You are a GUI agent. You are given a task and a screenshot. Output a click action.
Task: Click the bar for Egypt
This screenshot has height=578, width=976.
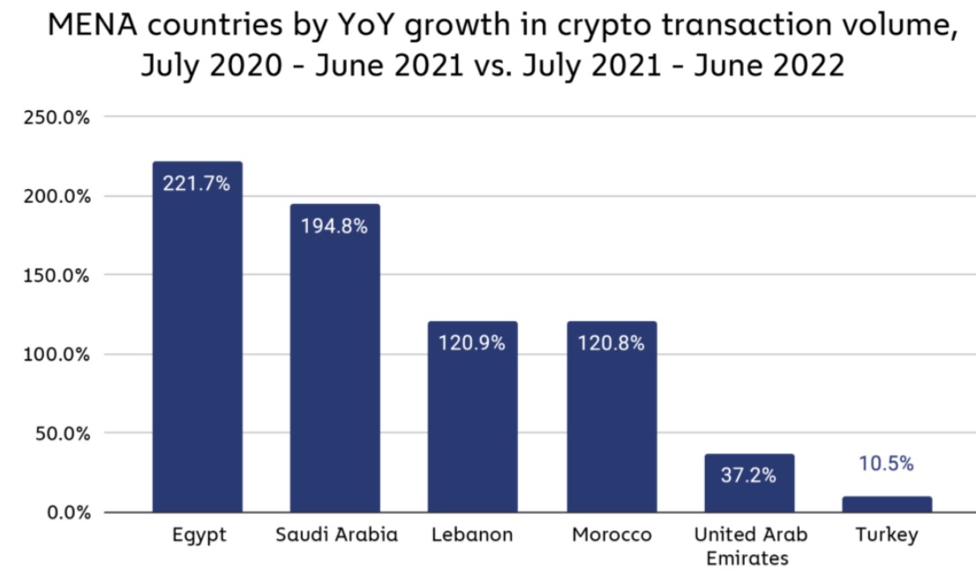point(197,353)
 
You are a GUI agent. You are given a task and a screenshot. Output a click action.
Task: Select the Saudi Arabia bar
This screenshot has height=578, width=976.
point(334,371)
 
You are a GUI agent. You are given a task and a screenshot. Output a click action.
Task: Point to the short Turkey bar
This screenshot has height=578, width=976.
point(887,504)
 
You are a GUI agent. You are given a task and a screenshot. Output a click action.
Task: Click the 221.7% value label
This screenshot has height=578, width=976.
point(197,184)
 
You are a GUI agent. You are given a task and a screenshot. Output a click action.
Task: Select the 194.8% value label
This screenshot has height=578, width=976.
point(334,226)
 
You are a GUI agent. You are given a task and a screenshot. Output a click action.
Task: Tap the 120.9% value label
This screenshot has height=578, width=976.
point(472,343)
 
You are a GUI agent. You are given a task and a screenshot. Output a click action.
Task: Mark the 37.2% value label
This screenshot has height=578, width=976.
point(749,476)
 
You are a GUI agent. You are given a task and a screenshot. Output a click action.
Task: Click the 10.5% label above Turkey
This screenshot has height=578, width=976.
point(887,464)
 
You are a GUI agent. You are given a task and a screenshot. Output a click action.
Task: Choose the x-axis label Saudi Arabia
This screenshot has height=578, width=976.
point(336,536)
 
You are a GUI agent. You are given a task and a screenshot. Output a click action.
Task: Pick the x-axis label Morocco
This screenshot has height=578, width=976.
point(612,536)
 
